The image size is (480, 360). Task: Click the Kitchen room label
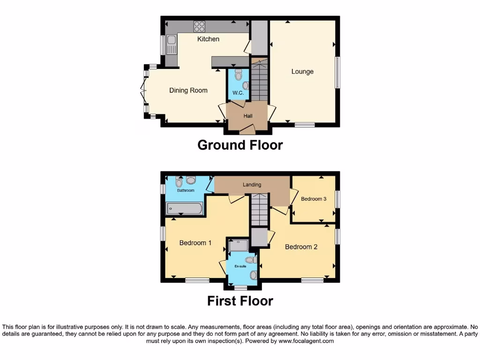click(208, 39)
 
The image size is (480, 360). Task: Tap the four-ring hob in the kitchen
click(199, 27)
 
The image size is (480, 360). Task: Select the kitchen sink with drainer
click(171, 45)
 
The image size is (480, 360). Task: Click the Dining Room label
click(188, 90)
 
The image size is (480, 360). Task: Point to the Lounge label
click(302, 72)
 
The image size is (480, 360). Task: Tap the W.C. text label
click(238, 93)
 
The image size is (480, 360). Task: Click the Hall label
click(248, 116)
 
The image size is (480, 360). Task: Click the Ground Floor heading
click(240, 145)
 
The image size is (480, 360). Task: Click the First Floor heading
click(240, 300)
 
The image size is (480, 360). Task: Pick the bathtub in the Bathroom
click(184, 208)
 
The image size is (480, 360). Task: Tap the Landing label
click(252, 185)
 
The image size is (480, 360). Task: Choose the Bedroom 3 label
click(314, 199)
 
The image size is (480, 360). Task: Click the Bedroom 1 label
click(195, 243)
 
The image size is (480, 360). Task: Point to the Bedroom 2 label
click(301, 247)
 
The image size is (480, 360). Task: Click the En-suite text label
click(240, 266)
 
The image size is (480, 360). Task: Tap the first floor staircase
click(259, 211)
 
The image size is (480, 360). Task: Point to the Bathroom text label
click(186, 190)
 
